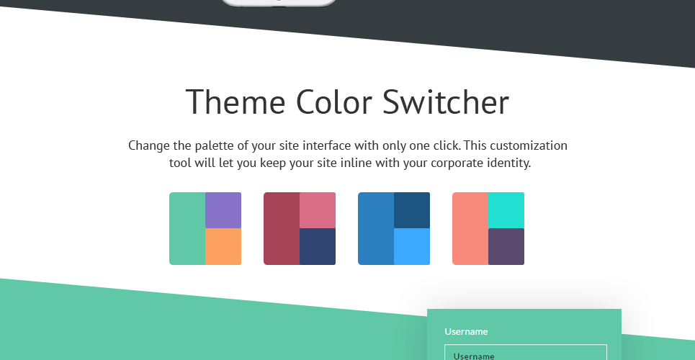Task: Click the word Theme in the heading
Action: point(236,102)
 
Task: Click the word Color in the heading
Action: point(333,102)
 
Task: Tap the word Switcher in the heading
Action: point(446,102)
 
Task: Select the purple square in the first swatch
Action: point(223,210)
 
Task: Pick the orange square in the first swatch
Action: point(223,246)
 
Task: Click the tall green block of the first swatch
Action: point(187,228)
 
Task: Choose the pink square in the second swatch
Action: point(318,210)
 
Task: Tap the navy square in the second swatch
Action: point(318,246)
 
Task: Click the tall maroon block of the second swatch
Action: point(282,228)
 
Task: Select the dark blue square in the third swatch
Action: point(412,210)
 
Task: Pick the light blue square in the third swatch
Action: point(412,246)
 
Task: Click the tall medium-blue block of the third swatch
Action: point(377,228)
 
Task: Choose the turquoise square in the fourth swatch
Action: point(506,210)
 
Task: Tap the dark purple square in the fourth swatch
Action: point(506,246)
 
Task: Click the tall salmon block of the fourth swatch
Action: point(471,228)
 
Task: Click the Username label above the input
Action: point(466,332)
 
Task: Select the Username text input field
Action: point(526,353)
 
